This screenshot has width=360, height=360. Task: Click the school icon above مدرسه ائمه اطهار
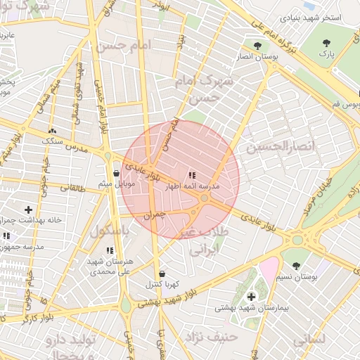pos(192,175)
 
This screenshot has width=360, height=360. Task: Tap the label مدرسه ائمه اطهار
pos(192,188)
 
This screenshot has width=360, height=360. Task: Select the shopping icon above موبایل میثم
pos(116,172)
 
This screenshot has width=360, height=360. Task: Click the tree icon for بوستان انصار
pos(258,46)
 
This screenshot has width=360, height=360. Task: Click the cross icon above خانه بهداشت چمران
pos(28,210)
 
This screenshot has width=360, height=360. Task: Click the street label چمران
pos(157,217)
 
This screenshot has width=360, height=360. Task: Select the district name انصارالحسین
pos(278,148)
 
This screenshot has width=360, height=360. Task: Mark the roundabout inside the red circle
pos(204,200)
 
